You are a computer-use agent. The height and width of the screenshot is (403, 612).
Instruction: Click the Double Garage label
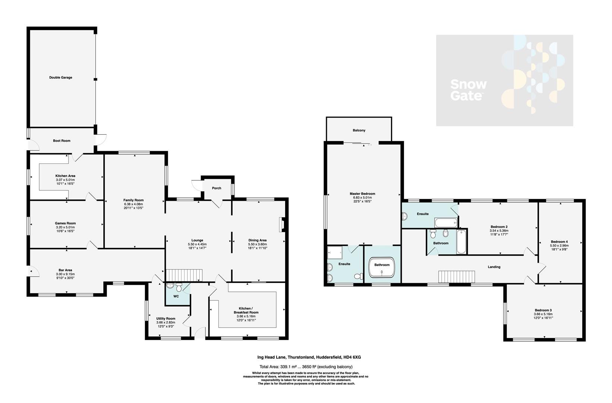point(61,78)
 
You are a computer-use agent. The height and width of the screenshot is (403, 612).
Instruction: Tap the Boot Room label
point(61,141)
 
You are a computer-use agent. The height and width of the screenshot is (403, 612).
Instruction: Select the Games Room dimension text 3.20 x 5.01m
point(65,227)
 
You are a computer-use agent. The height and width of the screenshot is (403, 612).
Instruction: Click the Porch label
point(217,188)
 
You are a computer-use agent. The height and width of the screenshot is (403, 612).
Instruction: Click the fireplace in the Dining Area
point(282,225)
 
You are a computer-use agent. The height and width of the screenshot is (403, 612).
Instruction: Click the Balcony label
point(359,130)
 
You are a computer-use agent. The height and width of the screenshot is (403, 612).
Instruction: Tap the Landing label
point(494,267)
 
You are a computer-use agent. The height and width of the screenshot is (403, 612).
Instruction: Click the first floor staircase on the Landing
point(457,277)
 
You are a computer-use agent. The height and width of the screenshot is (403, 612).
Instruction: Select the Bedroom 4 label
point(559,242)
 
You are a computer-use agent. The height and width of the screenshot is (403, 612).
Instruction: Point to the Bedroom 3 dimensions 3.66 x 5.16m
point(543,314)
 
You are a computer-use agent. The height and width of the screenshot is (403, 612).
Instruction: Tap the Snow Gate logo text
point(468,90)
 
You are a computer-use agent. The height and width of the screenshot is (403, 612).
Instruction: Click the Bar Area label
point(65,270)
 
